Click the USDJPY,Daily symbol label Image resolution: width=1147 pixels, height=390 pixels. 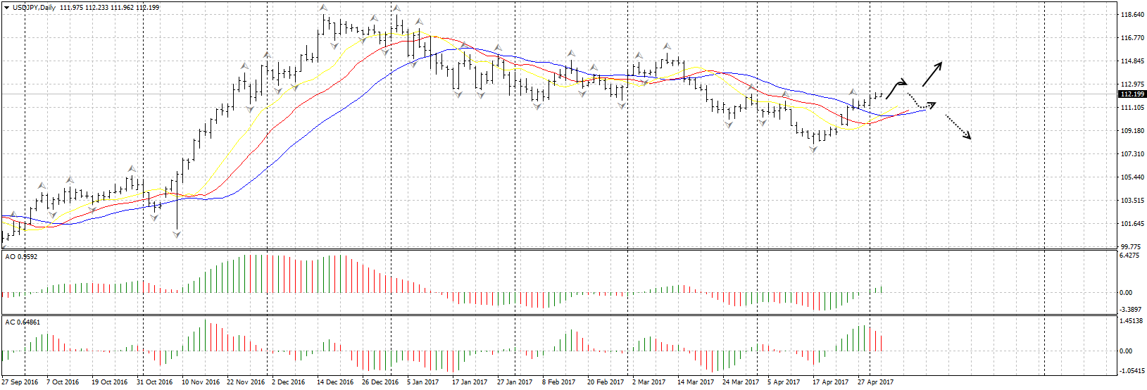coord(34,8)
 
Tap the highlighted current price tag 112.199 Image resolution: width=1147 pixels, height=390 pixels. coord(1132,94)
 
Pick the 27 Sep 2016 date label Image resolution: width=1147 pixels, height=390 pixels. coord(20,382)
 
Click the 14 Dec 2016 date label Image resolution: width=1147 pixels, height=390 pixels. coord(335,382)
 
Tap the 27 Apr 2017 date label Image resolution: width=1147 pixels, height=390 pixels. coord(875,382)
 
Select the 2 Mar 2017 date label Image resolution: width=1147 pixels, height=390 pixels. coord(648,382)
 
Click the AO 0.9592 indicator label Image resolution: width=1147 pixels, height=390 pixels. coord(21,257)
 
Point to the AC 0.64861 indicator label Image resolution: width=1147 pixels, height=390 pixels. coord(23,322)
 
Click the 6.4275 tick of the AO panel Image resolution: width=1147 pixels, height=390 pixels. coord(1129,256)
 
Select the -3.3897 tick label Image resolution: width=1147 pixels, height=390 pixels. coord(1129,310)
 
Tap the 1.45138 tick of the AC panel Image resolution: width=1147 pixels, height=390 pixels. coord(1131,321)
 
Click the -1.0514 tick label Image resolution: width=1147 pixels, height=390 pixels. coord(1130,370)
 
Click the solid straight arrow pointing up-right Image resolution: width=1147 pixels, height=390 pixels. coord(932,74)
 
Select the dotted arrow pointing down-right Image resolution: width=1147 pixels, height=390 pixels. coord(957,127)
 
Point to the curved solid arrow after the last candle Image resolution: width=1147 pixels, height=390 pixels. coord(895,88)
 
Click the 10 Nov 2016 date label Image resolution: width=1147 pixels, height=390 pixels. coord(201,382)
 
